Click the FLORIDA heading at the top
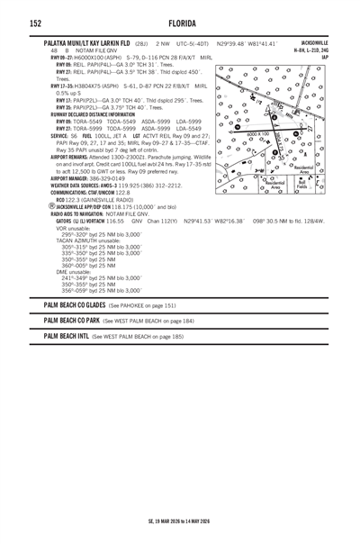point(180,22)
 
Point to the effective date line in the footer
point(180,521)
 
